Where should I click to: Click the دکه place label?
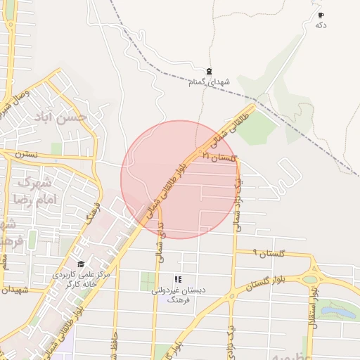click(321, 25)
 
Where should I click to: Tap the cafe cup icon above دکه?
click(321, 15)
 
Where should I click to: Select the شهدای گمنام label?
click(209, 82)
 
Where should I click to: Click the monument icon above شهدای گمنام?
click(209, 72)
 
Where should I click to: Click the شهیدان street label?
click(14, 290)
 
